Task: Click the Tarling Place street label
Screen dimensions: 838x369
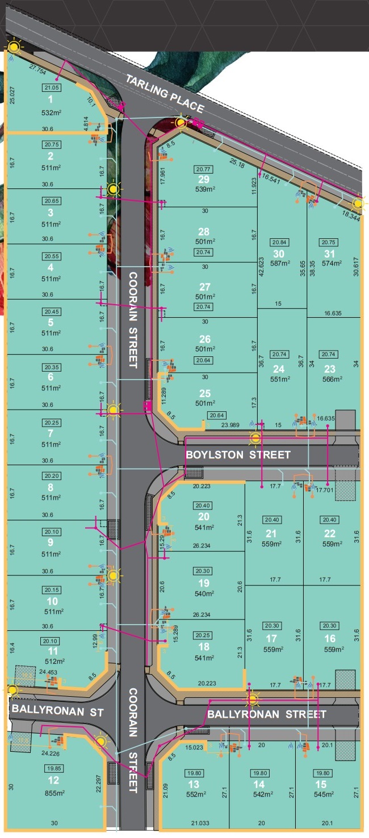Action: [x=165, y=94]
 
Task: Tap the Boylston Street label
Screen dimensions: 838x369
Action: [x=238, y=454]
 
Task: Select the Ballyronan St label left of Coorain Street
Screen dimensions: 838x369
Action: [x=57, y=712]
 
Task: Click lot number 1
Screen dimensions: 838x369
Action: [x=51, y=99]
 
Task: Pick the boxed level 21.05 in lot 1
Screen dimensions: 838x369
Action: [x=51, y=87]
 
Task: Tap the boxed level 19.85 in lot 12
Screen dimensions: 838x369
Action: [x=51, y=768]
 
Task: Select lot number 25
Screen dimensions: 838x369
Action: [x=204, y=393]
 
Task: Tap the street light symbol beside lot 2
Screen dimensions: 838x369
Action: [x=114, y=189]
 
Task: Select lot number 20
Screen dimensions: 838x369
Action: [x=204, y=516]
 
